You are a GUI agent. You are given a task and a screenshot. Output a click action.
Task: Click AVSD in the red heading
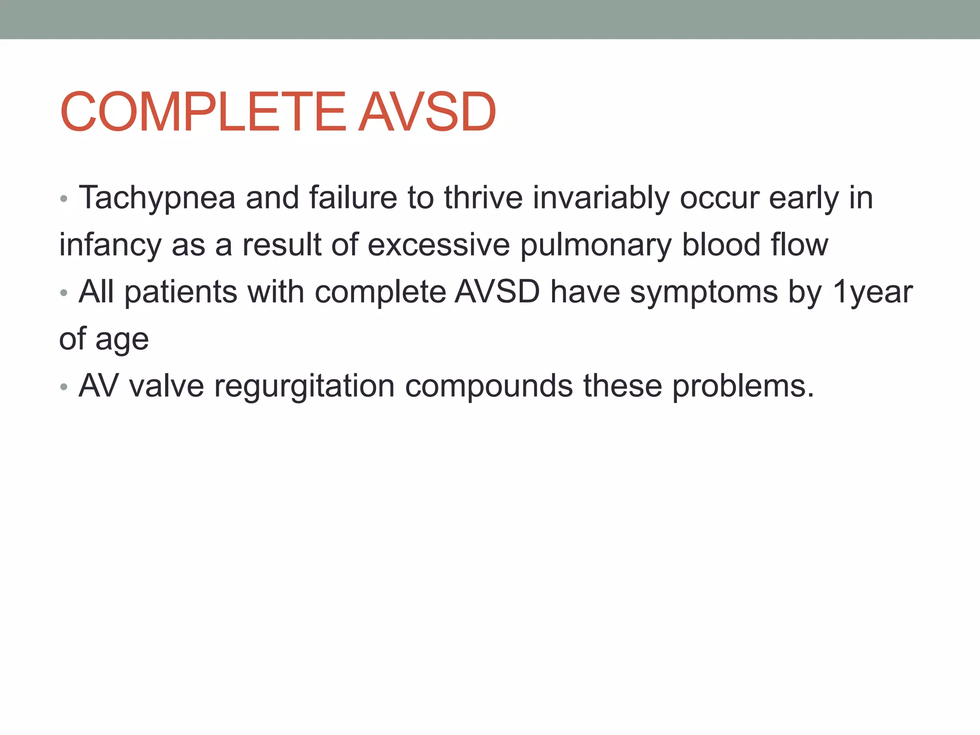pos(427,112)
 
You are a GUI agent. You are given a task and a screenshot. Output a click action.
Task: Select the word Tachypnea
pos(157,198)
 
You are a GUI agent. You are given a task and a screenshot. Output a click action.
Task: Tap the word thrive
pos(483,197)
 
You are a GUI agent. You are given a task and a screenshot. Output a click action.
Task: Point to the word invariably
pos(601,198)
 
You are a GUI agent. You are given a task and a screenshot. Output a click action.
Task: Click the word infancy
pos(110,245)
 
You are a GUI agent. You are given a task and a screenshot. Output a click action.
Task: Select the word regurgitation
pos(304,387)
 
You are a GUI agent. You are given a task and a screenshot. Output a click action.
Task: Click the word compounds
pos(489,386)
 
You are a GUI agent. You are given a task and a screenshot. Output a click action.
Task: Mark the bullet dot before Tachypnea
pos(64,199)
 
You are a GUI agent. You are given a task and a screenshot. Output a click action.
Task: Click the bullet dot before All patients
pos(64,292)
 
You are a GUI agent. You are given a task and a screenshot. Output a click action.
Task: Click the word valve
pos(166,386)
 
